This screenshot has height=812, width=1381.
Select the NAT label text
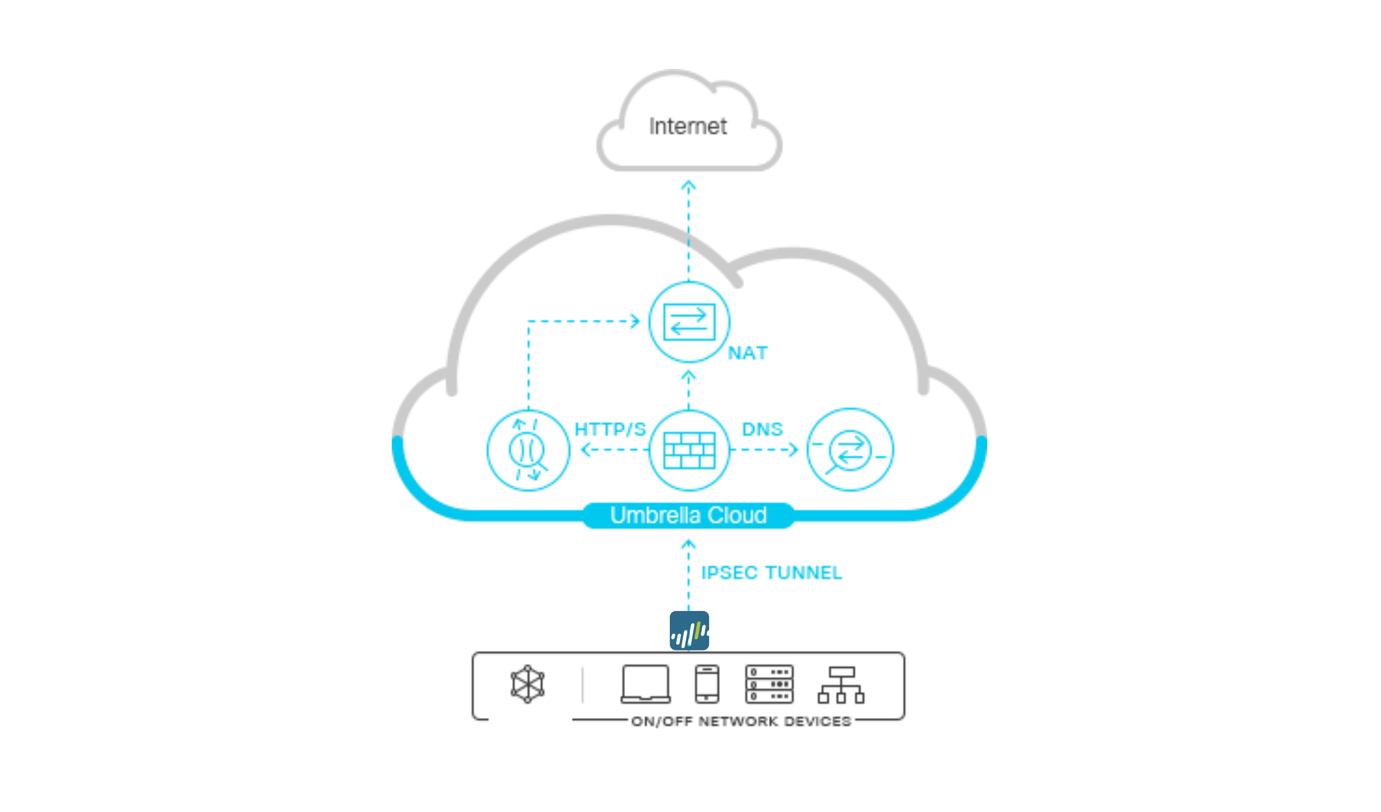748,353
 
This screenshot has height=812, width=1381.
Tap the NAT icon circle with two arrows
689,322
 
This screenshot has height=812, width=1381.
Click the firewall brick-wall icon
689,450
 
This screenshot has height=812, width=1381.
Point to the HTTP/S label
610,429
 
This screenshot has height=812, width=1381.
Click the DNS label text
762,429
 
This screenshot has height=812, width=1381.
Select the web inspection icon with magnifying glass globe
528,450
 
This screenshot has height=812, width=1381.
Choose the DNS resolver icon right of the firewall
850,450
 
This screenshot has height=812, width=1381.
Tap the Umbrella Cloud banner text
689,515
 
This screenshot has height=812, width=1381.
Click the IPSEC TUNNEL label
772,573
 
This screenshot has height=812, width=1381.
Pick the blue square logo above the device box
689,631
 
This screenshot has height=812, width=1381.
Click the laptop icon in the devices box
646,684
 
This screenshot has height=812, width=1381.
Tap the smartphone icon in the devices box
707,684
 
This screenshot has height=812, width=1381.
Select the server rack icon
769,684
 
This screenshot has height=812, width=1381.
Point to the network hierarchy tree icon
841,685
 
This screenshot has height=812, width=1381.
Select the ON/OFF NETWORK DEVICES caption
741,721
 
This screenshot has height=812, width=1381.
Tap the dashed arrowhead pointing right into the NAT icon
636,321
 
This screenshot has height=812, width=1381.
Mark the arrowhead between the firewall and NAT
689,376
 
